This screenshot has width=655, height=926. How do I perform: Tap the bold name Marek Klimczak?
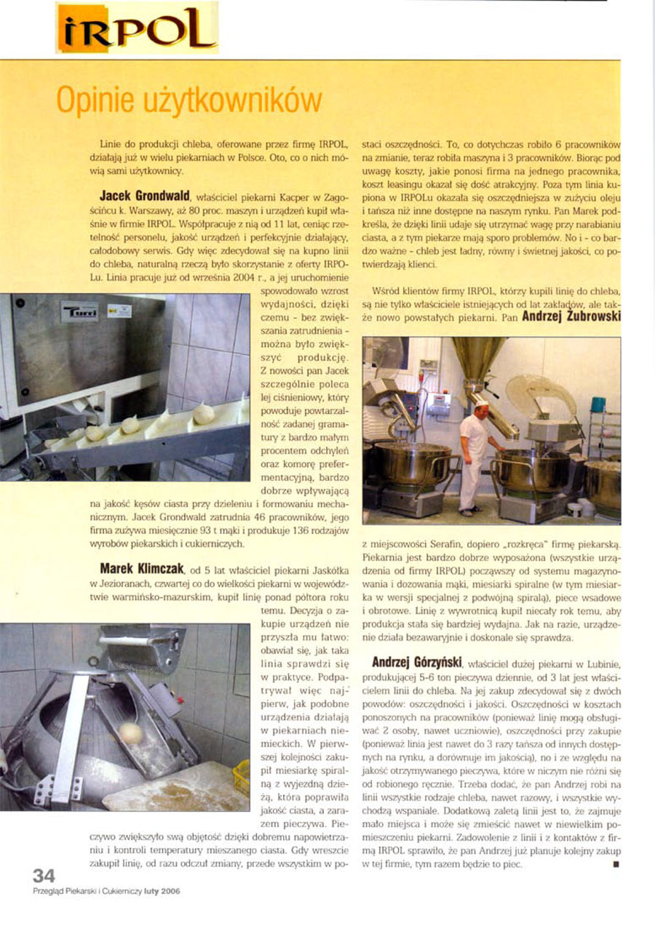142,565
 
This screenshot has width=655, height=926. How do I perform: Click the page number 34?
44,875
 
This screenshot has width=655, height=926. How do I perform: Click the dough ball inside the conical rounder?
130,733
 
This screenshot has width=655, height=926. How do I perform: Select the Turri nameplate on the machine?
79,311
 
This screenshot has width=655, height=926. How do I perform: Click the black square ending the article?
615,865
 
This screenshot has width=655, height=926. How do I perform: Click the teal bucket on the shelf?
598,404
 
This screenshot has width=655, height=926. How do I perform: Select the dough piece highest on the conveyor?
204,412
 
